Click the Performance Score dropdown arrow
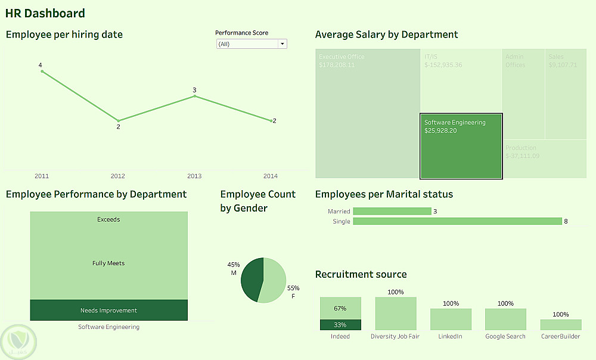283,44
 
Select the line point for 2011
42,72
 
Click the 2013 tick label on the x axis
194,176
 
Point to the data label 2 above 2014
274,121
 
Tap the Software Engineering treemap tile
461,146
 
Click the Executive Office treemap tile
367,113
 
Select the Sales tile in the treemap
566,94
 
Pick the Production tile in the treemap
545,159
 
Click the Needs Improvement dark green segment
108,310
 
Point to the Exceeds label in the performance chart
108,219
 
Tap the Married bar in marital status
392,211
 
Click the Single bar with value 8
457,221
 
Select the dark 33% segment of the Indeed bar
340,325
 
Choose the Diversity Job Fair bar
396,314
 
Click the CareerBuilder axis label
561,336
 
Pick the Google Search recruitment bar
505,319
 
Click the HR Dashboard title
45,13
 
